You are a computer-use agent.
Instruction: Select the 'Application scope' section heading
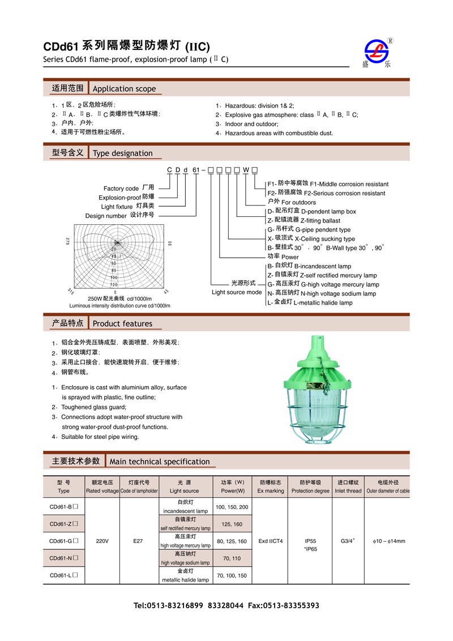(124, 89)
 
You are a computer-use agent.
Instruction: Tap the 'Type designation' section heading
(122, 153)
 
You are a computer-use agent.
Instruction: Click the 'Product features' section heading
(122, 324)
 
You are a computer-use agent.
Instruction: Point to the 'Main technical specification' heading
(160, 461)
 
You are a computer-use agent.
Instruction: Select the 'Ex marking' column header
(271, 486)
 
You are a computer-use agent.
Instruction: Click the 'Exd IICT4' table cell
(271, 541)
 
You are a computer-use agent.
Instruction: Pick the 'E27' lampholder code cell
(138, 541)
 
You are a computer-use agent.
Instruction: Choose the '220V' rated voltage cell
(102, 541)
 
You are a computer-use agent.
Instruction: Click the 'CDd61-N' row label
(63, 558)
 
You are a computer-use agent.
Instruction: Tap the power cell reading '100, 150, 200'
(232, 506)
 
